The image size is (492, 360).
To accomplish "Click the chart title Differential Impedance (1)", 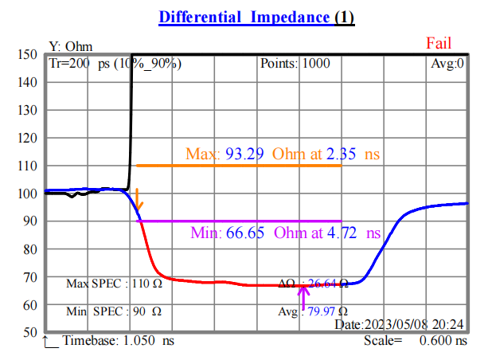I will pos(256,18).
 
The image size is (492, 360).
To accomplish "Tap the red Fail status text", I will pos(439,43).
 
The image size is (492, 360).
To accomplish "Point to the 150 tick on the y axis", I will pos(28,55).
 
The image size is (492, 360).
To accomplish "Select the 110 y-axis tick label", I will pos(28,166).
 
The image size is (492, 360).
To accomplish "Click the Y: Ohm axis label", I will pos(71,47).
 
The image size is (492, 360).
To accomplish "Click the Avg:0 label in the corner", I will pos(447,64).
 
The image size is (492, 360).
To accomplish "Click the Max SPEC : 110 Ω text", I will pos(115,283).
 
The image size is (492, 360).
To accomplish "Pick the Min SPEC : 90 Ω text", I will pos(114,311).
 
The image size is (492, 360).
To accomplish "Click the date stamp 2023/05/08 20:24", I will pos(400,325).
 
